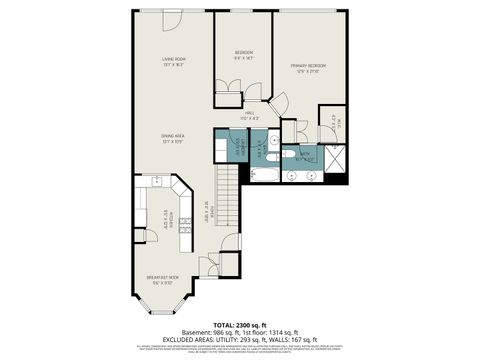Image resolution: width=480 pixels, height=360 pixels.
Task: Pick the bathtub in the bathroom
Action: [x=266, y=176]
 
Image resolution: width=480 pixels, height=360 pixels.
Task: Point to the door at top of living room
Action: [x=171, y=19]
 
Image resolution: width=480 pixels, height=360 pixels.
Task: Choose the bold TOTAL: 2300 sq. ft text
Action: [x=239, y=326]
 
